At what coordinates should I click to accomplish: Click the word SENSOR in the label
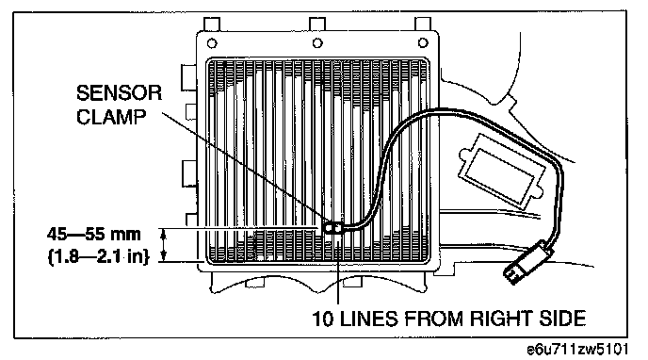[119, 93]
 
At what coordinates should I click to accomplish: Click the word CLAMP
[111, 117]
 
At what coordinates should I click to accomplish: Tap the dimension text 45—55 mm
[94, 235]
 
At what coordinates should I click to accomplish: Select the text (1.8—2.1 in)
[98, 257]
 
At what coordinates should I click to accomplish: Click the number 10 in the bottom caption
[322, 319]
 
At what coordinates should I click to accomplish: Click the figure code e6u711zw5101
[577, 350]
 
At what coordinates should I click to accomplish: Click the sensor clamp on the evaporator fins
[333, 228]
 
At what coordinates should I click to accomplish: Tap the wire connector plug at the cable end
[527, 262]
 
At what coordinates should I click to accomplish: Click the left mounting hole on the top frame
[212, 43]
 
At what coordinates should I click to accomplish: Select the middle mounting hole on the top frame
[317, 43]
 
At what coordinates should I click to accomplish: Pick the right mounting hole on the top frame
[423, 43]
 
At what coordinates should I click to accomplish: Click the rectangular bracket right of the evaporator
[502, 170]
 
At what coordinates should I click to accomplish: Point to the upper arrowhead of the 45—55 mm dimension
[164, 234]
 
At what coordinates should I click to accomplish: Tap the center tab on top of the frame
[317, 24]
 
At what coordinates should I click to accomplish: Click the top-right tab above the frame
[423, 24]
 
